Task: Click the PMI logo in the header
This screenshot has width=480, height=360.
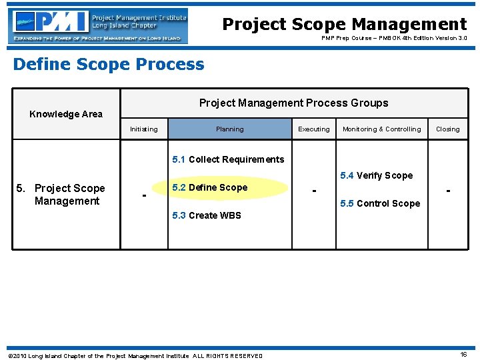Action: click(x=98, y=26)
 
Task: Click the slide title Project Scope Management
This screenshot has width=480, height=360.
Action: click(x=344, y=24)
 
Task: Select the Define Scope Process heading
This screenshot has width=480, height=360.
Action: click(x=109, y=64)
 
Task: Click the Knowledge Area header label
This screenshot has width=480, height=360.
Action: click(x=66, y=114)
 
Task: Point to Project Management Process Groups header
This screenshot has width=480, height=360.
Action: click(x=293, y=103)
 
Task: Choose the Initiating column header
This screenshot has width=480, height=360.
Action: click(x=144, y=129)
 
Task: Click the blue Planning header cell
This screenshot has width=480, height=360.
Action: click(x=229, y=129)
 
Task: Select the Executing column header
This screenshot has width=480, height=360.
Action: click(x=313, y=129)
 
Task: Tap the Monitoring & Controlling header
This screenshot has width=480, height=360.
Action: click(x=381, y=129)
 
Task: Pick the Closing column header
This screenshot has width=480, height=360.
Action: click(x=447, y=129)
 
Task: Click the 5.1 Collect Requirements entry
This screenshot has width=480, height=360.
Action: click(x=228, y=159)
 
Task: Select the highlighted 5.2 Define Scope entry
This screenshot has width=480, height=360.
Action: click(x=209, y=188)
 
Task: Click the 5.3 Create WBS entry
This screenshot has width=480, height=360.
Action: click(x=207, y=215)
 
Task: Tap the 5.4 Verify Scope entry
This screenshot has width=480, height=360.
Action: click(x=376, y=176)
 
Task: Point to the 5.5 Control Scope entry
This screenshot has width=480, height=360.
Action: click(x=380, y=203)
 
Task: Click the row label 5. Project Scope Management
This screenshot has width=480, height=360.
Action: click(x=66, y=195)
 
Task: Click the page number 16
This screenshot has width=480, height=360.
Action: click(x=463, y=355)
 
